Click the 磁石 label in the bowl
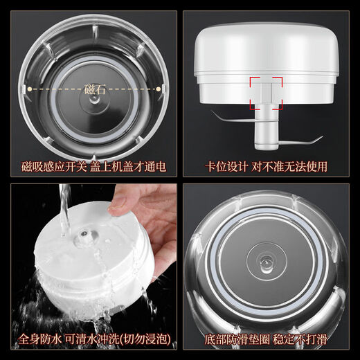pyautogui.click(x=95, y=89)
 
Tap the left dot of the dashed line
pyautogui.click(x=29, y=89)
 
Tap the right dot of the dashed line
pyautogui.click(x=159, y=89)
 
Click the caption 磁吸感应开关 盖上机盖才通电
pyautogui.click(x=93, y=166)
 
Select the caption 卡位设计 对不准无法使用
pyautogui.click(x=266, y=166)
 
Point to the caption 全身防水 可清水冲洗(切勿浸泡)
pyautogui.click(x=95, y=339)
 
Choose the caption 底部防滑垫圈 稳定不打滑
pyautogui.click(x=266, y=339)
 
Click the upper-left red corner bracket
pyautogui.click(x=252, y=80)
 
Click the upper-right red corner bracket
pyautogui.click(x=280, y=80)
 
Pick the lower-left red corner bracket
pyautogui.click(x=252, y=107)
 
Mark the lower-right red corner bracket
pyautogui.click(x=280, y=107)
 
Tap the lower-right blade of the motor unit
pyautogui.click(x=300, y=141)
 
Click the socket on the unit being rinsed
pyautogui.click(x=85, y=235)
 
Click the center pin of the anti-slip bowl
pyautogui.click(x=266, y=262)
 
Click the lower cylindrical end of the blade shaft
pyautogui.click(x=266, y=137)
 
